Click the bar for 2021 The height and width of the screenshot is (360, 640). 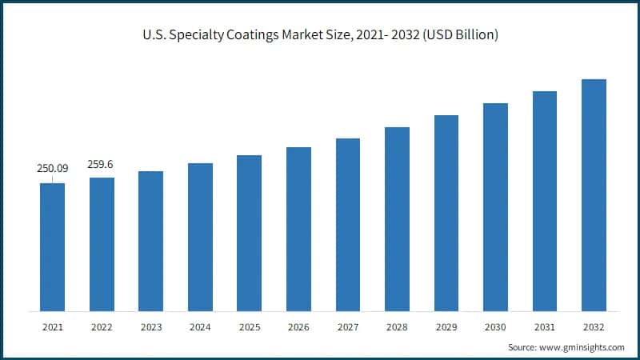(x=53, y=247)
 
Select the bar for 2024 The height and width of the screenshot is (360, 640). (x=200, y=237)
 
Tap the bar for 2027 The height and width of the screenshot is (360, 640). (x=348, y=225)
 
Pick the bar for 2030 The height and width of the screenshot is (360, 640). (x=495, y=207)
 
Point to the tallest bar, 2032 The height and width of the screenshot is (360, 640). (x=594, y=195)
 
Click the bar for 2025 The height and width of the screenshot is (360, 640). (x=250, y=233)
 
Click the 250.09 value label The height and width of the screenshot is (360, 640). (x=53, y=169)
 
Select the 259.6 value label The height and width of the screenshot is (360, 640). (x=102, y=164)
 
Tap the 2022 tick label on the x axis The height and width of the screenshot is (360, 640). (x=102, y=327)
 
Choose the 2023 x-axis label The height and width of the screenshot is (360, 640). (x=151, y=327)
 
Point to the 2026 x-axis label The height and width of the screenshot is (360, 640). (x=298, y=327)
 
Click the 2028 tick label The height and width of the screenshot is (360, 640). (x=397, y=327)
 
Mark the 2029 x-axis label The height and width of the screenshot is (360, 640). (x=446, y=327)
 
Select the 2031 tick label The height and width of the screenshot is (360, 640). (x=545, y=327)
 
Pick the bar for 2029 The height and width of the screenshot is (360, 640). (x=446, y=213)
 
